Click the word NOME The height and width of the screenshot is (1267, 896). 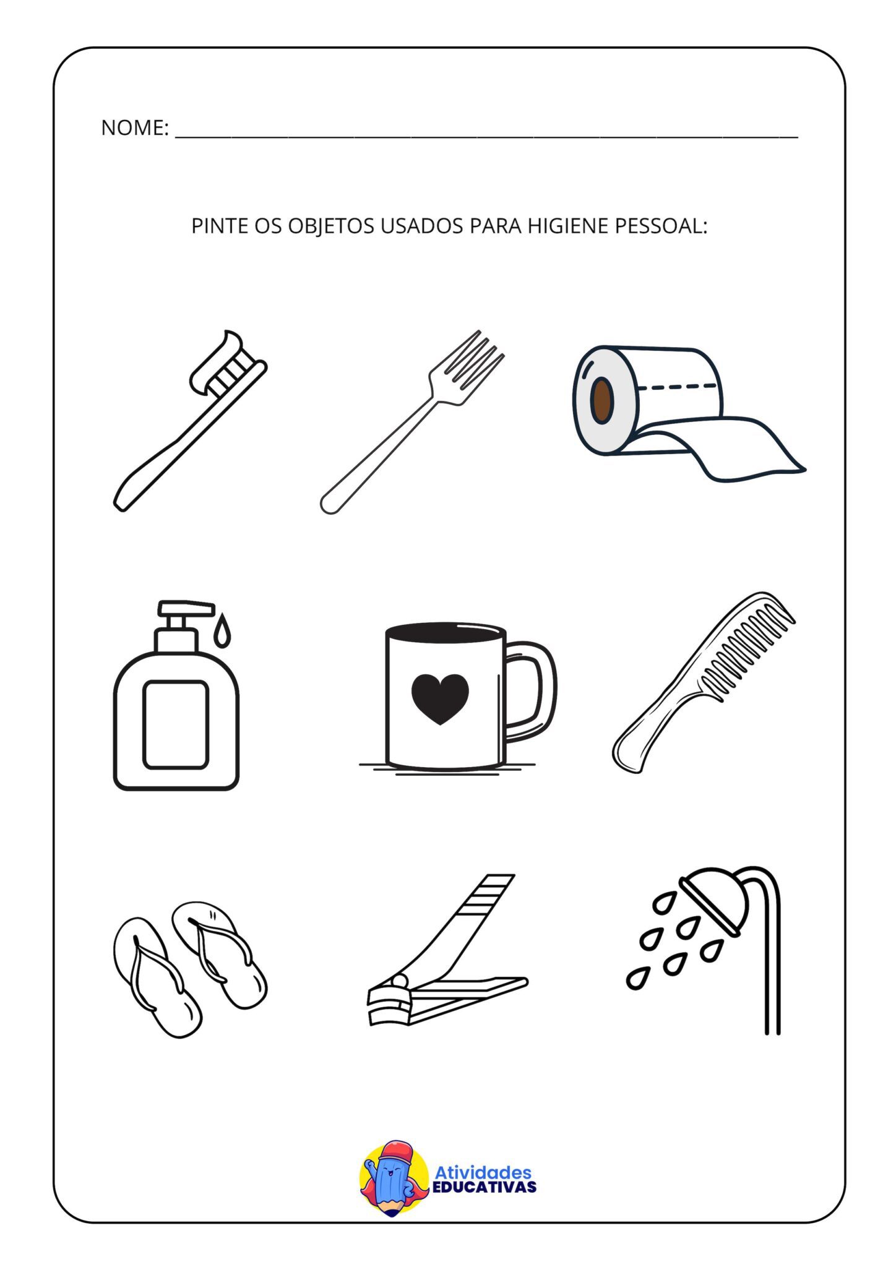[x=134, y=127]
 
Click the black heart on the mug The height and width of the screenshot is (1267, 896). [x=440, y=698]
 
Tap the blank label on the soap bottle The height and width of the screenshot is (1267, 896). [x=176, y=724]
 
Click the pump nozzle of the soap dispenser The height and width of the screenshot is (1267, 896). [x=186, y=608]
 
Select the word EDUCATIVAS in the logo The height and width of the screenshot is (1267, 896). [x=484, y=1187]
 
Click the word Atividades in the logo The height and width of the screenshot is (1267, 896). [x=483, y=1172]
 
